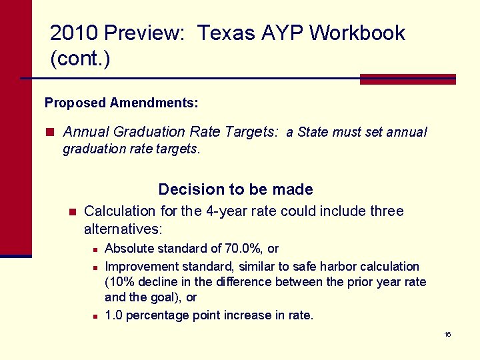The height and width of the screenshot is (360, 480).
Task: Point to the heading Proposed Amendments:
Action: coord(121,103)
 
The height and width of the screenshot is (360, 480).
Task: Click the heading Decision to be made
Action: coord(235,189)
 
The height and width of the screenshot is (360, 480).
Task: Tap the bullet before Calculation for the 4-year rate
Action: coord(72,212)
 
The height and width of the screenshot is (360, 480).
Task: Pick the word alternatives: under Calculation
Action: coord(123,229)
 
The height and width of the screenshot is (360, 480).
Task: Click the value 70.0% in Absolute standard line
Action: coord(244,249)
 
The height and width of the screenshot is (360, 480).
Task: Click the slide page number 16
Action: coord(448,334)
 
